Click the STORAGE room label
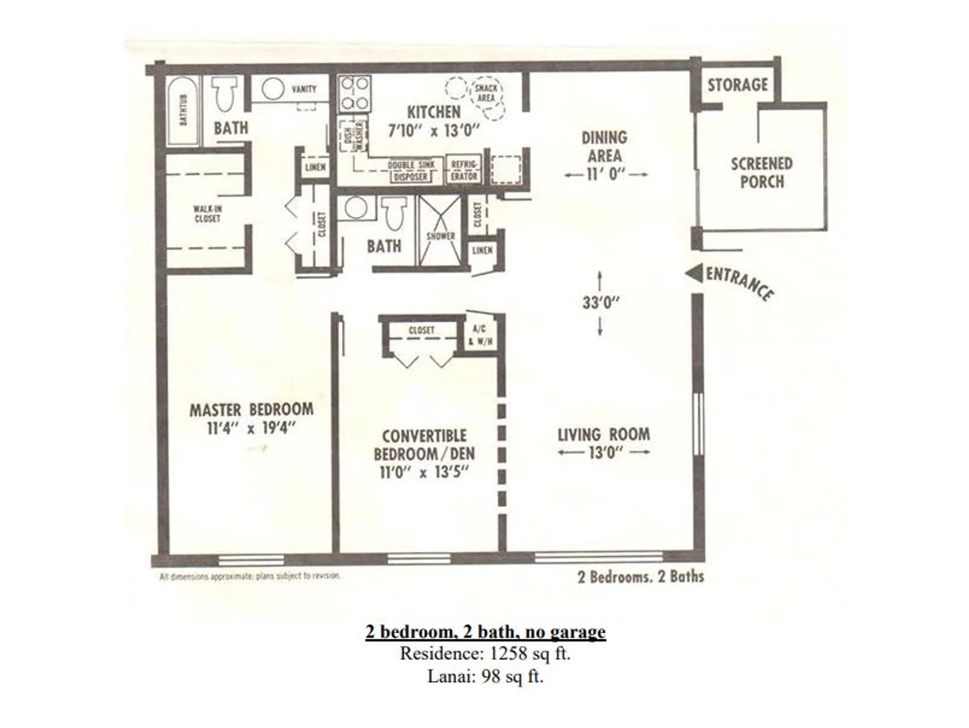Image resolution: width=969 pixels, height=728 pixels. [x=737, y=85]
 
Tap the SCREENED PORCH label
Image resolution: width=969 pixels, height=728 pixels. [x=761, y=173]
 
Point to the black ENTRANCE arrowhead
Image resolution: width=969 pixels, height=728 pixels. [x=694, y=273]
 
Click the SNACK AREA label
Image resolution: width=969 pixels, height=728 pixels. [x=486, y=93]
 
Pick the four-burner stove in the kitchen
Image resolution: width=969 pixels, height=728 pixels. [x=355, y=94]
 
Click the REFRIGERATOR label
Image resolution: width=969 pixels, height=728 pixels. [x=464, y=170]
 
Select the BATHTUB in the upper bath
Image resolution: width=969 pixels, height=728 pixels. [x=183, y=111]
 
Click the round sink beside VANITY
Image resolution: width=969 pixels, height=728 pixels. [x=273, y=89]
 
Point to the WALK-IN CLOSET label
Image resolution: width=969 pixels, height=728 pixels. [x=207, y=214]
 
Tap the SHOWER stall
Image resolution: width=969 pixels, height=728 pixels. [x=440, y=232]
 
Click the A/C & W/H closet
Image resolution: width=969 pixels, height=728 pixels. [x=480, y=335]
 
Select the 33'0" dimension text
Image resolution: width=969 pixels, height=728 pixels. [x=601, y=303]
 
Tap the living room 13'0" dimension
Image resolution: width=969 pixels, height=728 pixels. [x=605, y=453]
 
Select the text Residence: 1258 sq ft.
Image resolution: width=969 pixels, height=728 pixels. [x=485, y=654]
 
